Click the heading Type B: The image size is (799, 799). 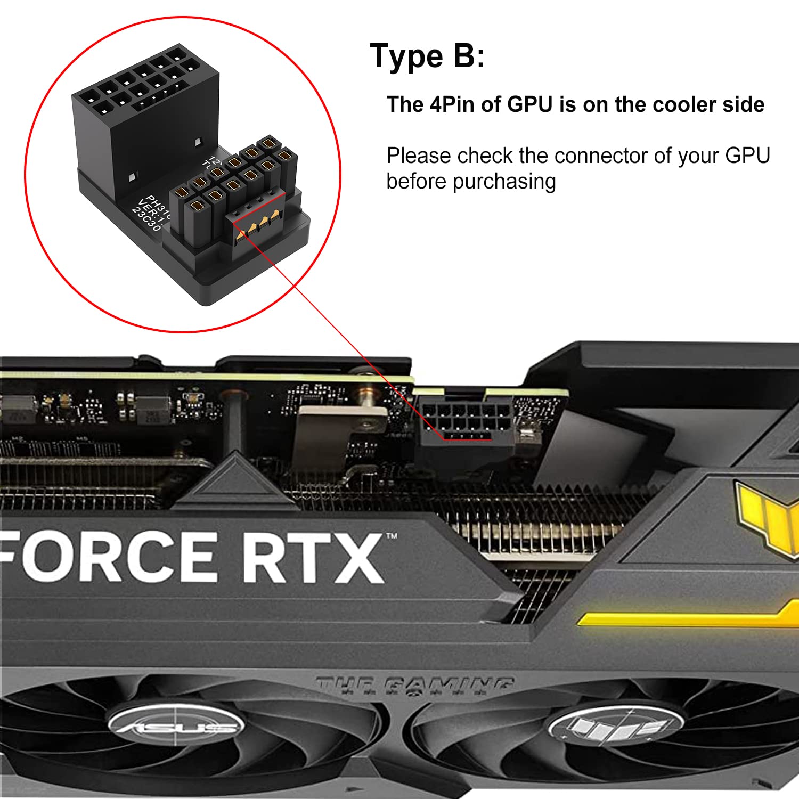point(427,56)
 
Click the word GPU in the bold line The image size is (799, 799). point(529,104)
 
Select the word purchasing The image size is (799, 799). point(504,182)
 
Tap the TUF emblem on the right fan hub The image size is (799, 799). point(615,725)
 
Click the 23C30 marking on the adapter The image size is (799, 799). point(146,219)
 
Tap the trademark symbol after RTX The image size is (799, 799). point(392,536)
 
